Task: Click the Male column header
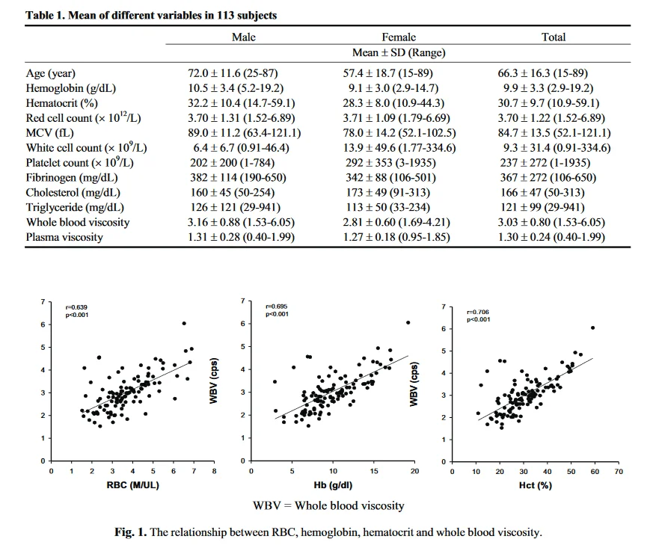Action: click(244, 37)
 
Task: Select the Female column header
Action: click(399, 37)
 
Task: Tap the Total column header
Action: click(554, 37)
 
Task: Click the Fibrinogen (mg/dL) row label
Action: click(61, 177)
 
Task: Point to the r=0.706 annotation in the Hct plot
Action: click(477, 312)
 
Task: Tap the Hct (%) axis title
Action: click(535, 484)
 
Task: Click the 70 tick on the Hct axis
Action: click(619, 472)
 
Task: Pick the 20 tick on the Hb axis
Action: click(415, 472)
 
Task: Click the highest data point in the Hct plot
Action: click(592, 327)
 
